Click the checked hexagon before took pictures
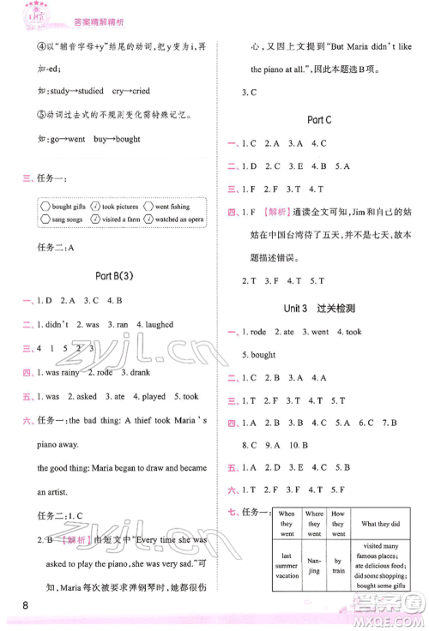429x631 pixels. [x=95, y=207]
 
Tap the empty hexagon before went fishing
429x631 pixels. [x=148, y=207]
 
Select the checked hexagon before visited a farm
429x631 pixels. [x=95, y=219]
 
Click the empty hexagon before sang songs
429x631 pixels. [x=45, y=219]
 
